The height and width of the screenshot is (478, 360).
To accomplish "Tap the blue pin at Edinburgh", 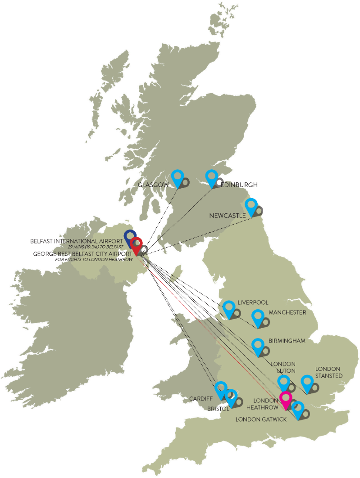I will point(211,176).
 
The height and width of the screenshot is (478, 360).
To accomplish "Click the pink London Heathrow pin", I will point(285,398).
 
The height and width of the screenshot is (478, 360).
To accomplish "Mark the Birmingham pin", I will point(257,345).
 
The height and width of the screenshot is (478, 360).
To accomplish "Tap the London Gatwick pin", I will point(297,408).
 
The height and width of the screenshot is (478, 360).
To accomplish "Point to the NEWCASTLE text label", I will point(228,216).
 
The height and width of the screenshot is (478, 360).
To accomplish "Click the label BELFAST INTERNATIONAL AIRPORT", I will point(76,241).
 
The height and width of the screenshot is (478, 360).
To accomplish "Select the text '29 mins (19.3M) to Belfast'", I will point(95,247).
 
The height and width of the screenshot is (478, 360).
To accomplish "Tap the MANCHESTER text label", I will point(287,312).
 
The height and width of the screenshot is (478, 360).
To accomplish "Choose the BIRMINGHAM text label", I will point(287,341).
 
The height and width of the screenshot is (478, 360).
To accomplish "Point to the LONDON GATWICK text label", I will point(261,419).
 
